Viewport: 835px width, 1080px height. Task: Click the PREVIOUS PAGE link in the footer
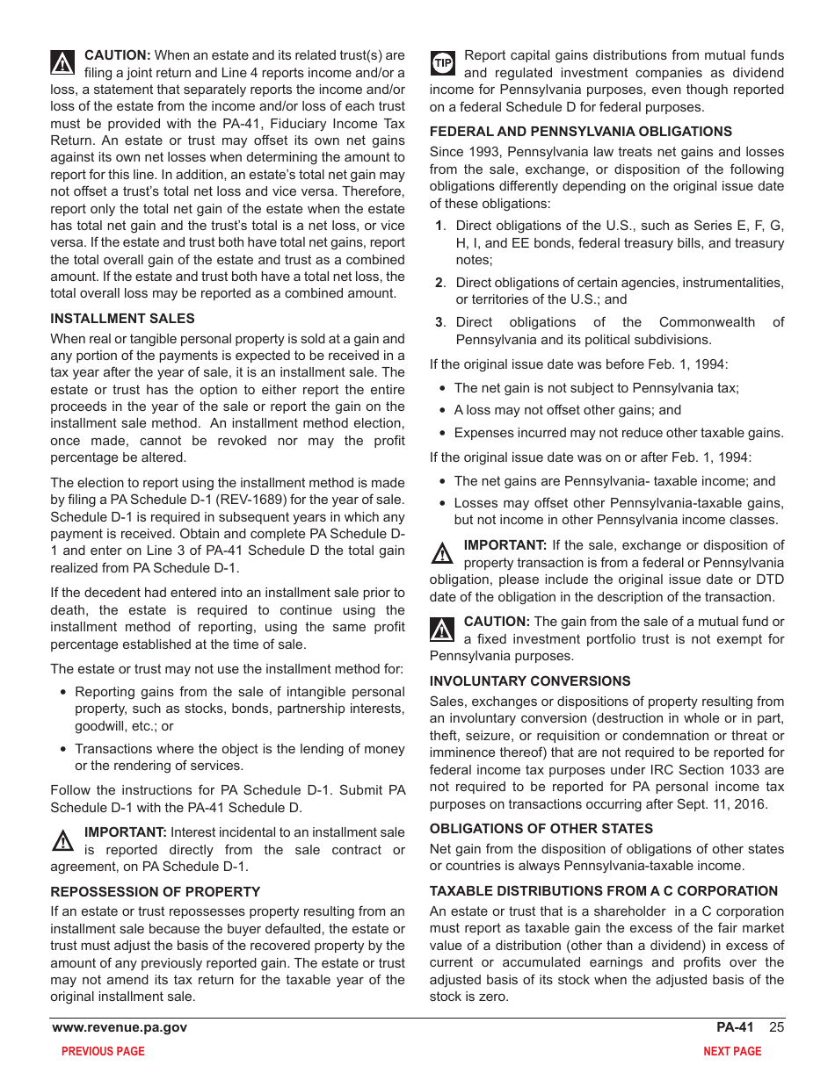(x=103, y=1051)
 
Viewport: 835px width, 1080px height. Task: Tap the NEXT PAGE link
(x=732, y=1051)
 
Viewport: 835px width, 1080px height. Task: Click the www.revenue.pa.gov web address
(x=120, y=1027)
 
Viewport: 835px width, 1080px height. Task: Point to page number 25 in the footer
(x=776, y=1027)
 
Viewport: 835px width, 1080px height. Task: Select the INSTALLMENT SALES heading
(x=122, y=319)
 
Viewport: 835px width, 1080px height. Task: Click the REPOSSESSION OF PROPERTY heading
(x=156, y=892)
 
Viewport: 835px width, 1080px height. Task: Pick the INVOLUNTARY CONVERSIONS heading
(x=530, y=680)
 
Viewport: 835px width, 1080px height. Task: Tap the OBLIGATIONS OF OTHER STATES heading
(x=541, y=828)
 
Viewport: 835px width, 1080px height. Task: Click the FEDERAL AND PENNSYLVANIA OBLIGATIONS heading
(x=581, y=132)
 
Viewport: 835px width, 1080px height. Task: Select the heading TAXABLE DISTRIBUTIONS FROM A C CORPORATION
(x=604, y=891)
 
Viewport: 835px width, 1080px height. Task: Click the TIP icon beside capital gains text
(x=443, y=63)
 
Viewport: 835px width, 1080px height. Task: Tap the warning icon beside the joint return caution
(x=62, y=62)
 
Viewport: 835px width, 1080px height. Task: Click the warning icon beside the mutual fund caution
(x=442, y=630)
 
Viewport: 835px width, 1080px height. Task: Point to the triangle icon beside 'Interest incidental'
(x=62, y=840)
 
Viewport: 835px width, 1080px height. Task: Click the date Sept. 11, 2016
(x=726, y=804)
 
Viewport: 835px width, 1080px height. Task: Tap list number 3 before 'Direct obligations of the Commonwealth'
(x=439, y=322)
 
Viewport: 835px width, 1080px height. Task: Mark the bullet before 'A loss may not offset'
(x=444, y=411)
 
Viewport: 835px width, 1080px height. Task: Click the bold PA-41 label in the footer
(x=735, y=1027)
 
